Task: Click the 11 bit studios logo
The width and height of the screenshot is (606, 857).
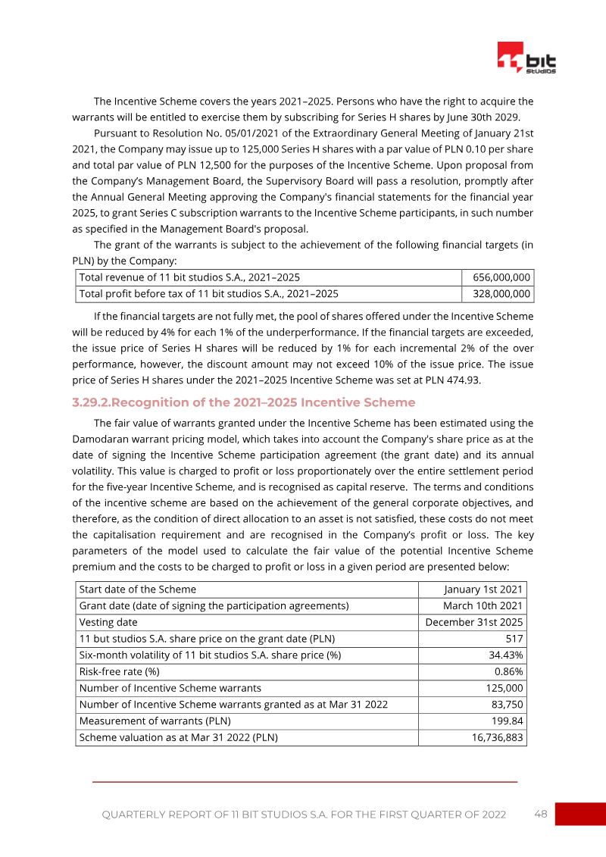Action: [526, 58]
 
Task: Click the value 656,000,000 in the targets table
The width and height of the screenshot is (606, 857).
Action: [501, 277]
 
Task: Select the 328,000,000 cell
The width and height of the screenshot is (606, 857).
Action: [501, 294]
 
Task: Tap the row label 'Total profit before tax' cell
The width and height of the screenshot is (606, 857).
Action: [209, 294]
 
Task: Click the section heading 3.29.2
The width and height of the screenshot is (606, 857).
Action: [243, 402]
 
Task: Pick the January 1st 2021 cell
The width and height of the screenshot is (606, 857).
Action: [483, 590]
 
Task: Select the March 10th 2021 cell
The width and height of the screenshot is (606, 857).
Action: [483, 606]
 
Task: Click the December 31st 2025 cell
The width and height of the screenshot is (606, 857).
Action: [473, 623]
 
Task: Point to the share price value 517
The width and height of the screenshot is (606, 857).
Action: [514, 639]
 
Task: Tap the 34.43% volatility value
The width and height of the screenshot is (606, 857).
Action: [505, 655]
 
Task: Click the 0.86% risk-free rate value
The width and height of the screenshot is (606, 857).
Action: [508, 672]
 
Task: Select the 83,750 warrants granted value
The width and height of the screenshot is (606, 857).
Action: [504, 705]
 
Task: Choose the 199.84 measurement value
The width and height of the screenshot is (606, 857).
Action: [506, 721]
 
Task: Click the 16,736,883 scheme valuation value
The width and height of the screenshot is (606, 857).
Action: [492, 737]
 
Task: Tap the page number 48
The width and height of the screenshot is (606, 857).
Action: [540, 814]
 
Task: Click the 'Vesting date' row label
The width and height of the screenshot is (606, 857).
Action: [108, 623]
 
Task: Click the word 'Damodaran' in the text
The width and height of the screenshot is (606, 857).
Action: [104, 439]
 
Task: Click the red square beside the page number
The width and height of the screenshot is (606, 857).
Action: [579, 814]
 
